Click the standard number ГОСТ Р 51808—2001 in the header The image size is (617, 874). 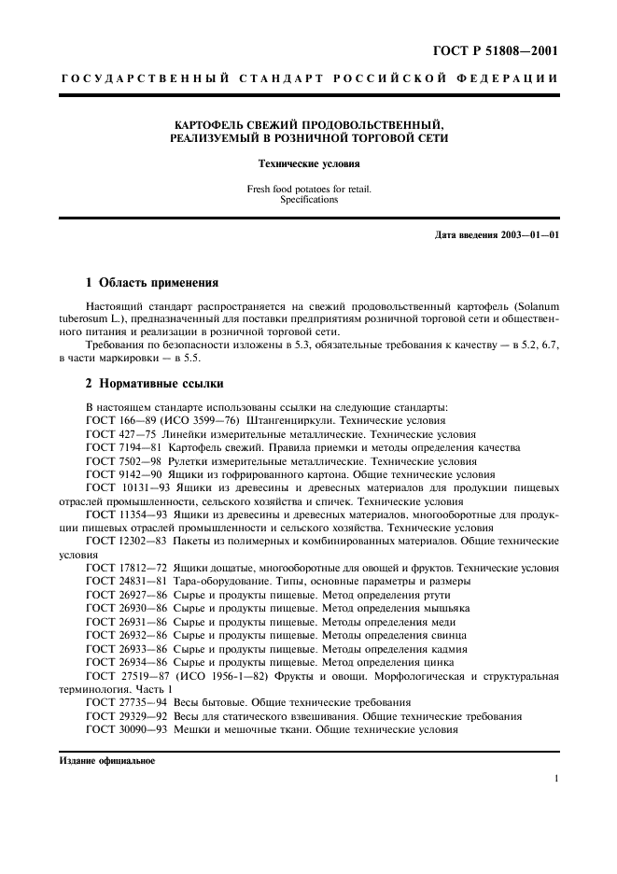[x=500, y=51]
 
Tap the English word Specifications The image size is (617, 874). [x=307, y=200]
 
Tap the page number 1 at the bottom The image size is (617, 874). [x=555, y=778]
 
